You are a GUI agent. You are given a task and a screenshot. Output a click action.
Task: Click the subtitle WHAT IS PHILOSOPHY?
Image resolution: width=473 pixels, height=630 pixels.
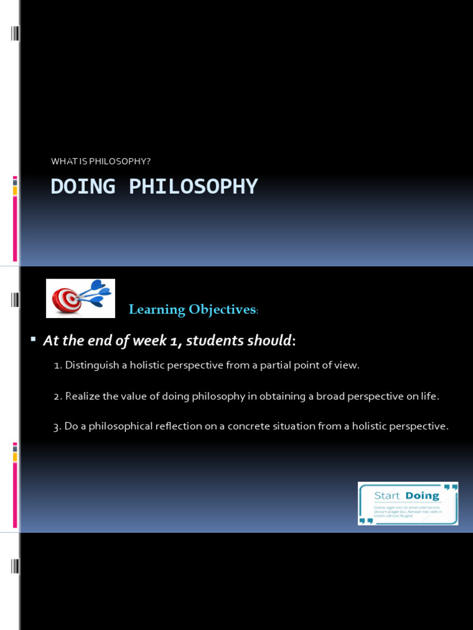click(101, 161)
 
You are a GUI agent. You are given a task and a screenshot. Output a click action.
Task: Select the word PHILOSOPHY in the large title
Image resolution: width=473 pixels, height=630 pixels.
click(193, 186)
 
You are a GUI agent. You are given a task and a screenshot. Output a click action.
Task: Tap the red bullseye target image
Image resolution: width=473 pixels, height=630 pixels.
click(67, 300)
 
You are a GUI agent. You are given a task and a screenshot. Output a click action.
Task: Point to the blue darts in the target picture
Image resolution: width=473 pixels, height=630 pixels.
click(95, 293)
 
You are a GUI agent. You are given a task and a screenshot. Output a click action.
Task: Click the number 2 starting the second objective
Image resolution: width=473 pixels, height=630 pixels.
click(56, 397)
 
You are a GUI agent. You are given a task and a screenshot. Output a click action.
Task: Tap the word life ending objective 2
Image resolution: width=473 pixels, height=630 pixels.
click(431, 397)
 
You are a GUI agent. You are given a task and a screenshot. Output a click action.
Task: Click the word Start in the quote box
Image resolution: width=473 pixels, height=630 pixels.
click(387, 496)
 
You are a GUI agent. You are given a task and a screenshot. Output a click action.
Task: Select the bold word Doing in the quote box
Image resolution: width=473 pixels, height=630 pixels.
click(422, 496)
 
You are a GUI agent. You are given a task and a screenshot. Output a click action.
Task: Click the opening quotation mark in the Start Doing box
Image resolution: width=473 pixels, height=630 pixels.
click(450, 488)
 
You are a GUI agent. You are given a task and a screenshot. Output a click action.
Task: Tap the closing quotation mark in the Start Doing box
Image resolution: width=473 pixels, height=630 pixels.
click(366, 520)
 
